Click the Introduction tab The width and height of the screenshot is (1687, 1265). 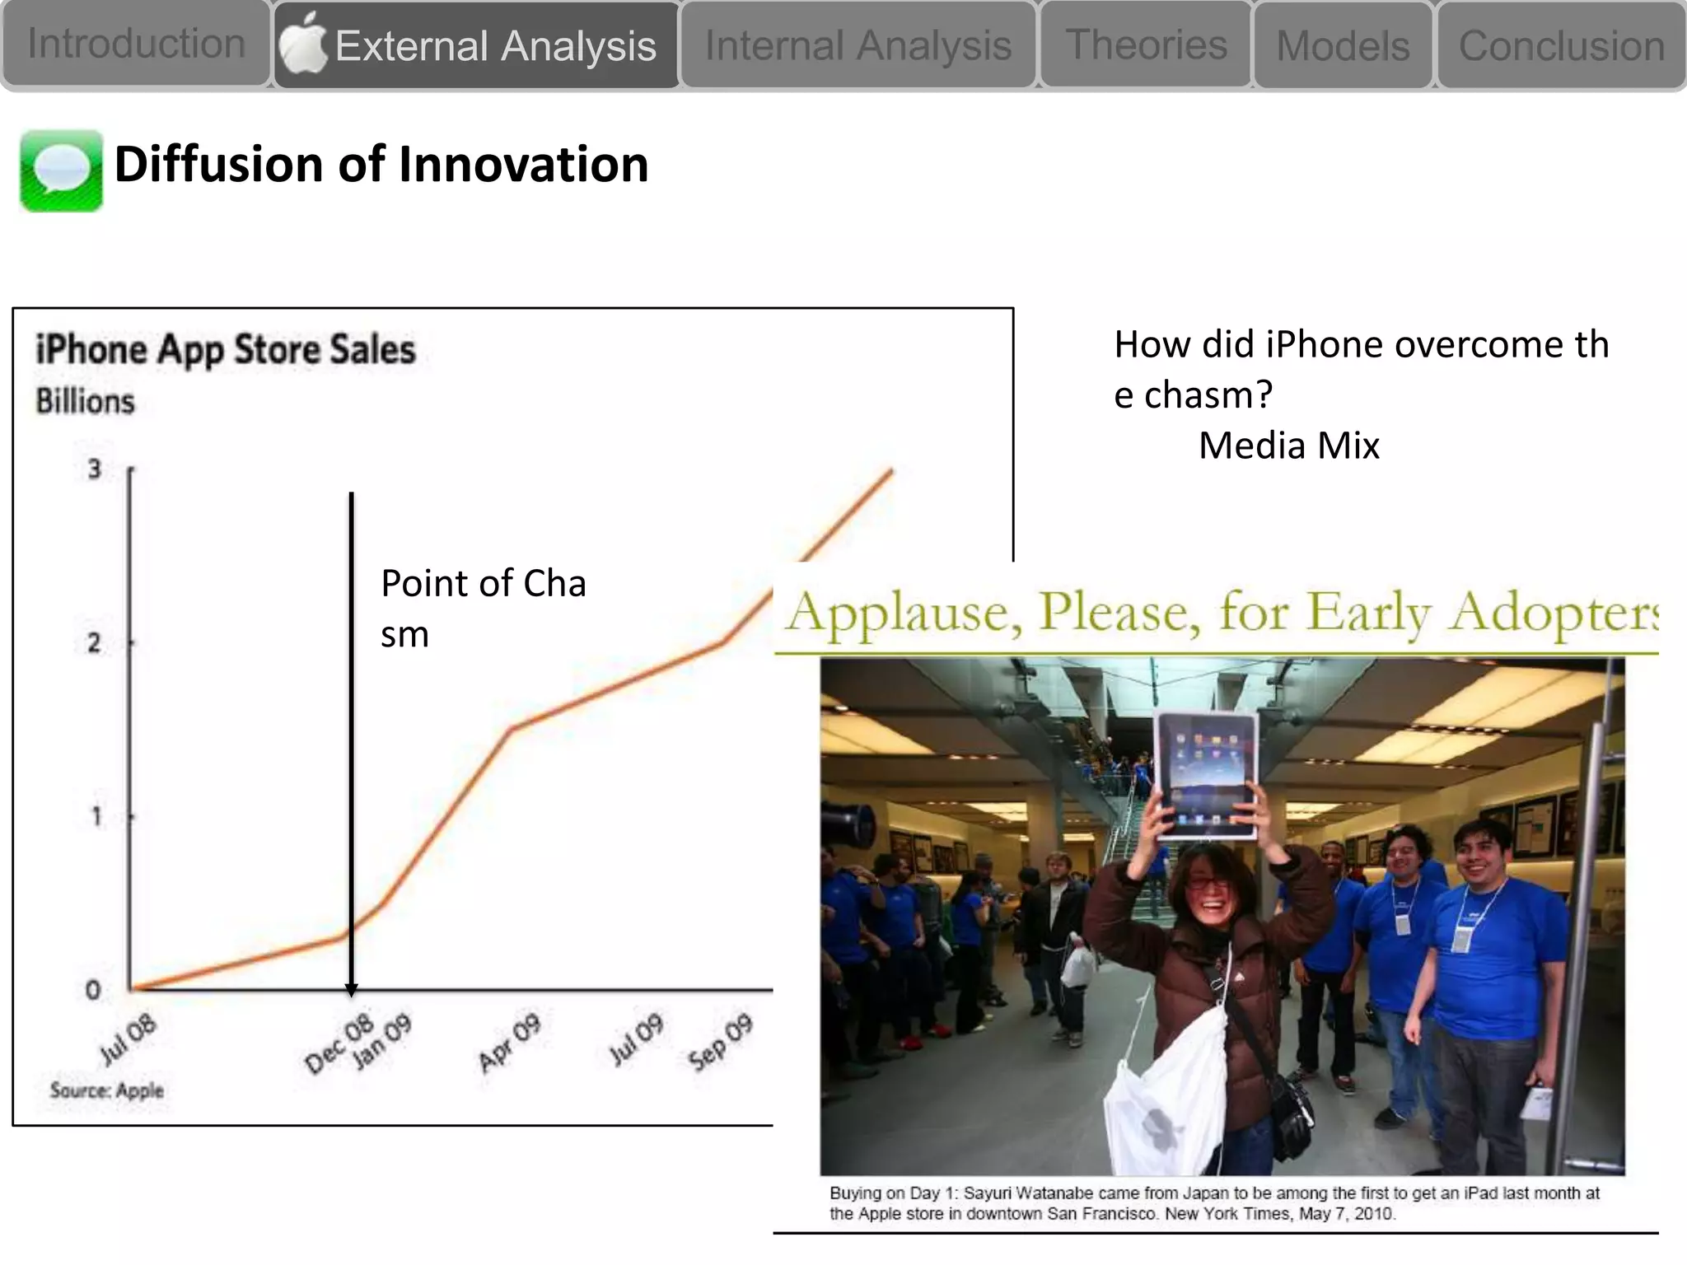(x=136, y=44)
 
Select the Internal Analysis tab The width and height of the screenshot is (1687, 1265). (x=858, y=45)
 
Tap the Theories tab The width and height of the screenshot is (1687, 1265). (x=1146, y=44)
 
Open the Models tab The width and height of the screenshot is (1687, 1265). (x=1343, y=46)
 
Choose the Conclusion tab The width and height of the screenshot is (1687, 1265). (x=1562, y=46)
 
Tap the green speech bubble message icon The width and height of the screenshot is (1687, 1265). (x=61, y=170)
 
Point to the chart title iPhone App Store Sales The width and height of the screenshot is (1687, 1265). (x=226, y=349)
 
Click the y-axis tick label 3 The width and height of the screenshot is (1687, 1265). (x=95, y=469)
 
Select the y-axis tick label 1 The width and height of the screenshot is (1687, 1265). (x=96, y=816)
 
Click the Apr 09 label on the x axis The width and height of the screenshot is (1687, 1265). (x=509, y=1042)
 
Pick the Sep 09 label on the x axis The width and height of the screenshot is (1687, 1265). (x=721, y=1042)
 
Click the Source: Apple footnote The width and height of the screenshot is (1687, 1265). (x=107, y=1090)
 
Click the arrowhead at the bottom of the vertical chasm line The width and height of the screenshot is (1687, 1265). (x=351, y=990)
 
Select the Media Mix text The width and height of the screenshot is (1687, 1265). (x=1288, y=446)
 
